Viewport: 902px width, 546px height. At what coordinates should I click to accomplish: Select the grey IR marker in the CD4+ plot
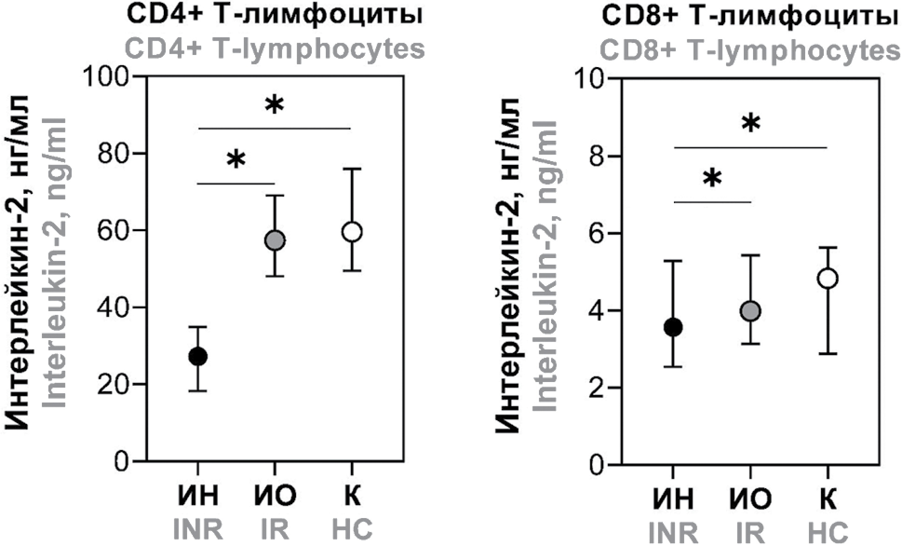(275, 240)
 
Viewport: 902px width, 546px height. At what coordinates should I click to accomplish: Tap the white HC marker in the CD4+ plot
(352, 232)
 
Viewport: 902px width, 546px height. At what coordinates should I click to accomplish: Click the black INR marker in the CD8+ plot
(673, 328)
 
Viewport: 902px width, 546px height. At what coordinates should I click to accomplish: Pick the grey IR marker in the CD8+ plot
(751, 311)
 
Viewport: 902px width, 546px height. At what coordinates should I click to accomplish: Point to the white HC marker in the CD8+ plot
(828, 279)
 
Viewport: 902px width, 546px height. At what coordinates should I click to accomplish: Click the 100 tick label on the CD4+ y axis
(106, 76)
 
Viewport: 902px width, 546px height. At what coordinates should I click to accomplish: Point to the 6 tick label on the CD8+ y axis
(594, 233)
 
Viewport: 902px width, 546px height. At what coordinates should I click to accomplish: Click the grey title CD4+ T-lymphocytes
(275, 48)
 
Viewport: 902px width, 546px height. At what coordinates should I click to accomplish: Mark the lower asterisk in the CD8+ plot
(712, 180)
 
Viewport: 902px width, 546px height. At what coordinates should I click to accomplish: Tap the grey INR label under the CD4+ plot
(198, 530)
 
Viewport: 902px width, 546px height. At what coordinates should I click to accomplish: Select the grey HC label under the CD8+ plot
(828, 531)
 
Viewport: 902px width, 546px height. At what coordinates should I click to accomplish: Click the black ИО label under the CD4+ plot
(275, 497)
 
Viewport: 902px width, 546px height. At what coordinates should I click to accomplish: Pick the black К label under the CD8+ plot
(828, 498)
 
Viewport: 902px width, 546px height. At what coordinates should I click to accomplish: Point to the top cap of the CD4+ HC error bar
(352, 169)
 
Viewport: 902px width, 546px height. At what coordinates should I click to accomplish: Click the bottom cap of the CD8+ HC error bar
(828, 354)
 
